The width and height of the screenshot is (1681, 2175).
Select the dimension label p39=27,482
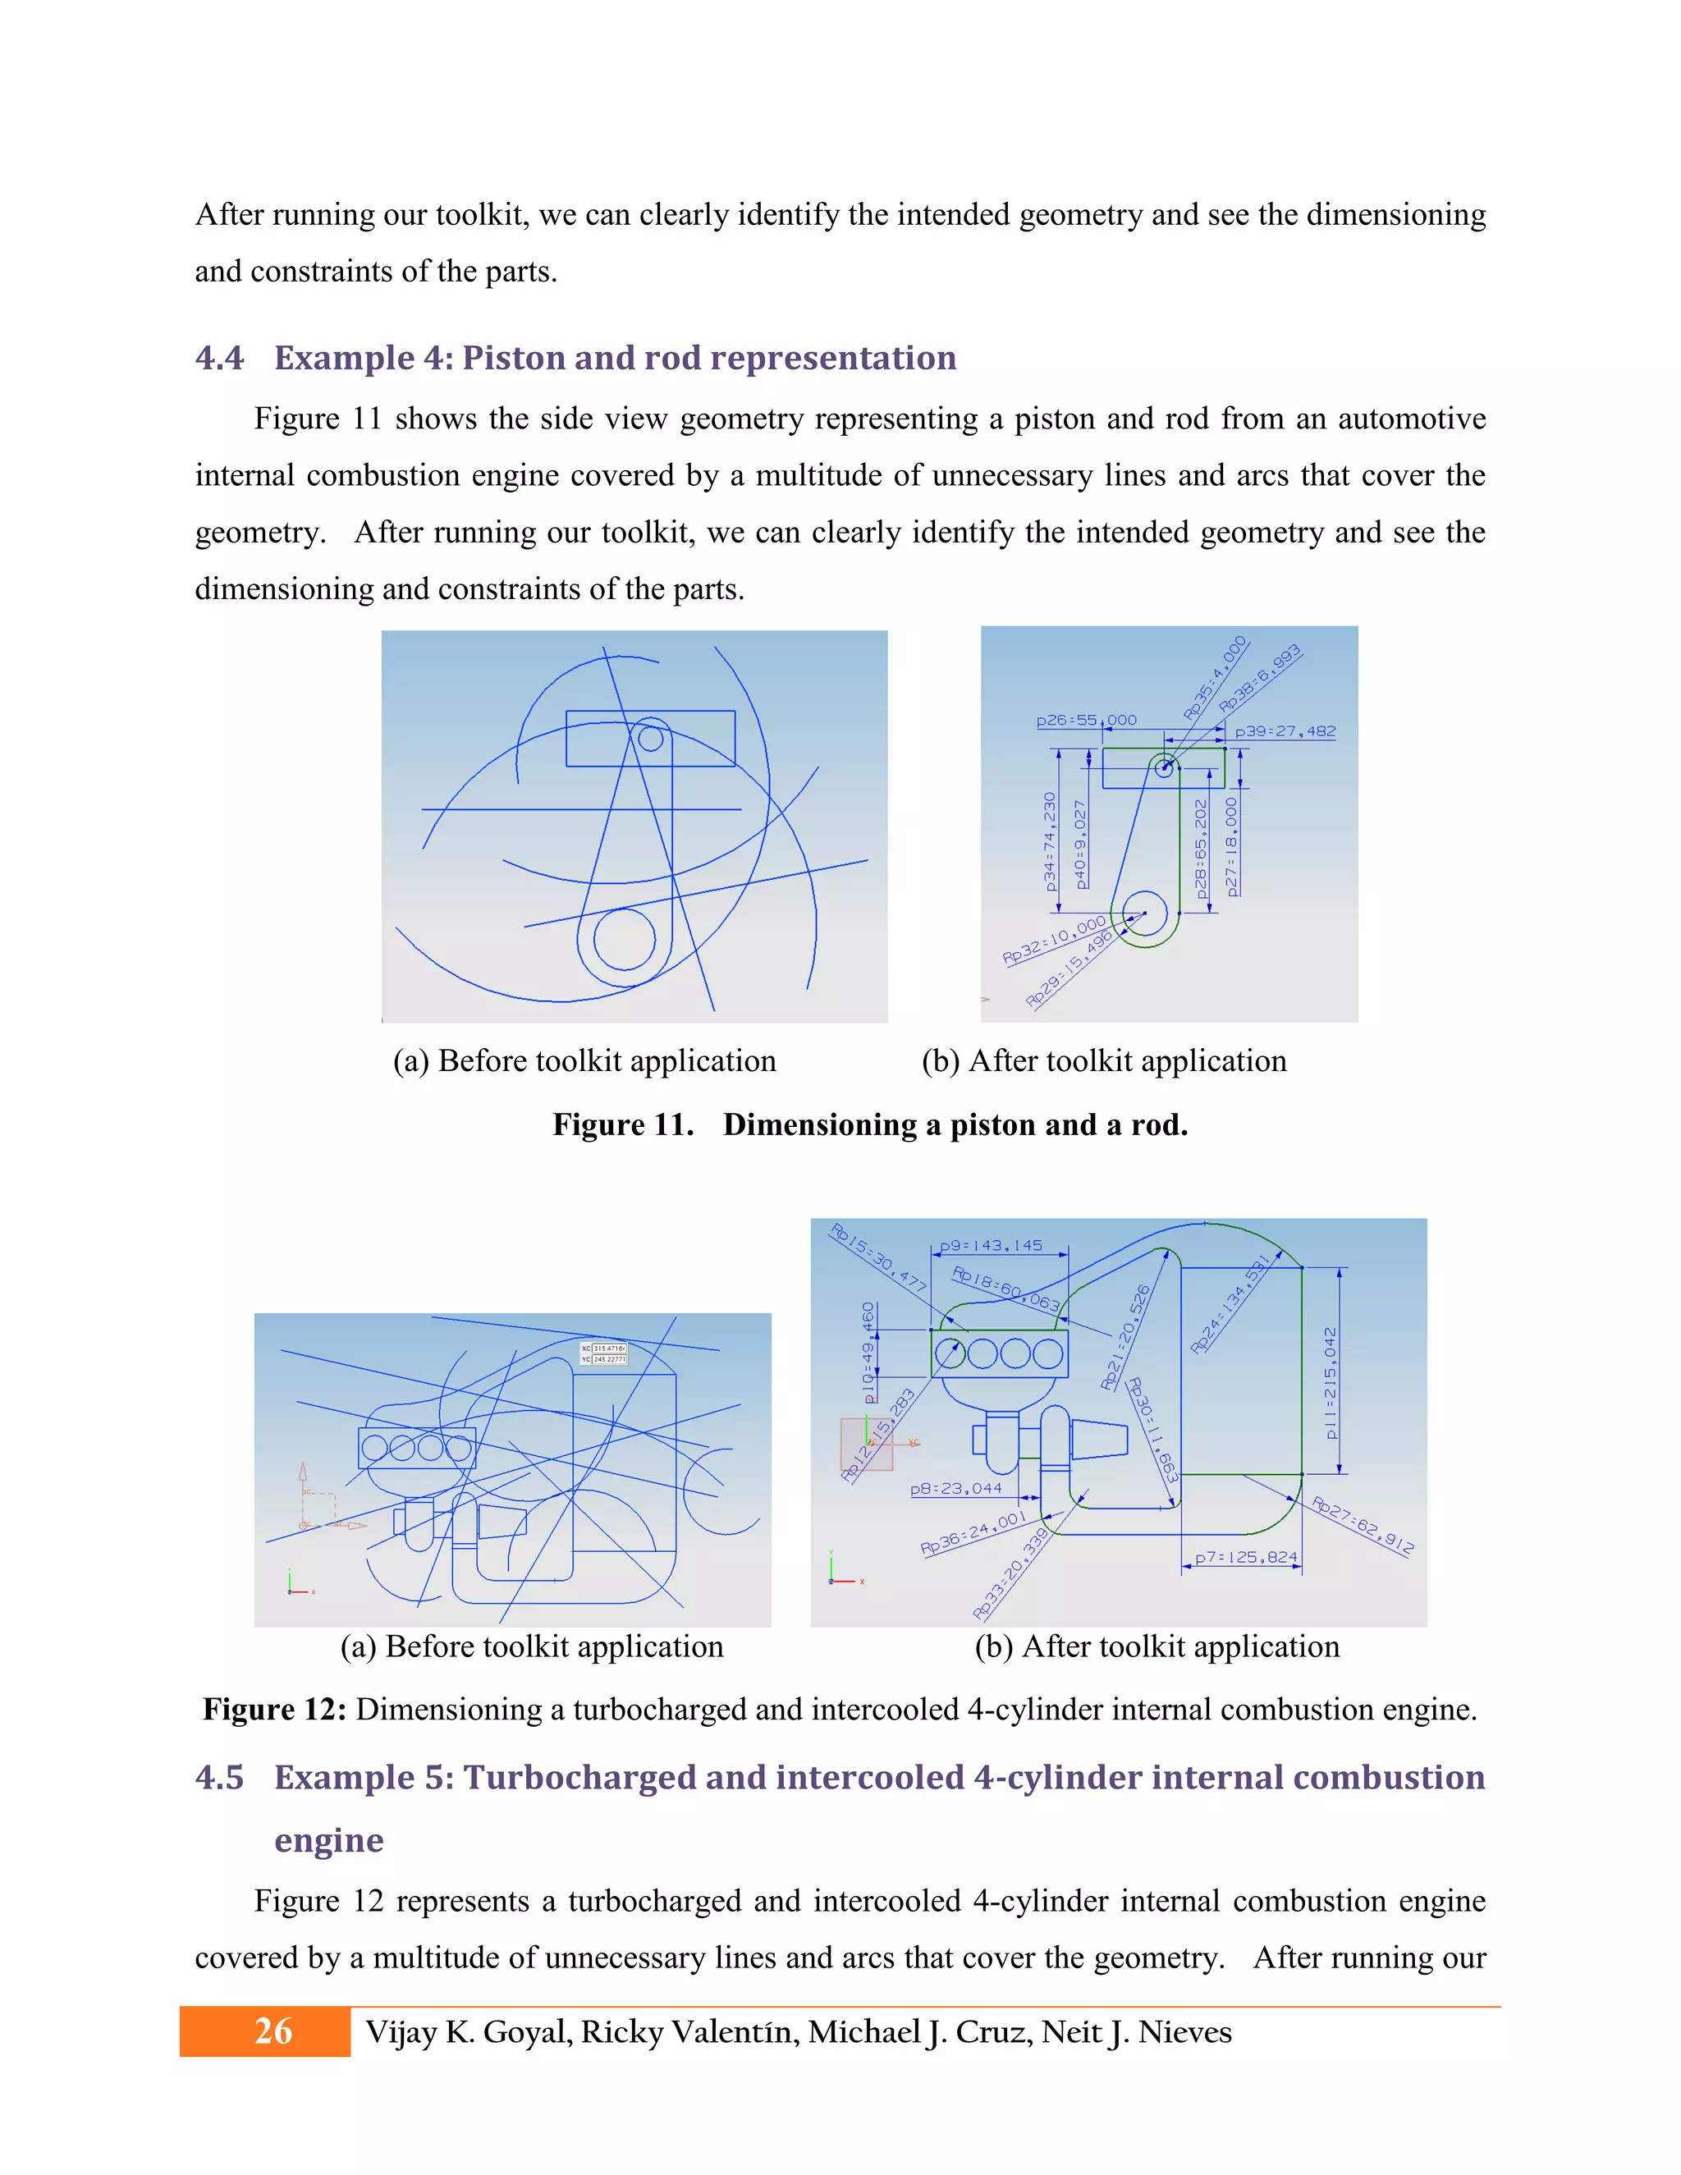(x=1285, y=731)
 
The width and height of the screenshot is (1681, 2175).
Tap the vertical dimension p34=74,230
(x=1049, y=841)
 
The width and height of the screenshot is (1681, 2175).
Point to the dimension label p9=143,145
(x=991, y=1245)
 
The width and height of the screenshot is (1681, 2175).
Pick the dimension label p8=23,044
(x=956, y=1488)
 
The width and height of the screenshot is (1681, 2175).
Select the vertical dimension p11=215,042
(x=1331, y=1382)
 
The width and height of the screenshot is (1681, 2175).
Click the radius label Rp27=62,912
(x=1362, y=1526)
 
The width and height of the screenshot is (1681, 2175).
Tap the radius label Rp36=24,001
(x=972, y=1532)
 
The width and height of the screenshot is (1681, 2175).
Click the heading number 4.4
(x=219, y=358)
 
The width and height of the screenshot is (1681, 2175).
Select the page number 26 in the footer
(x=272, y=2031)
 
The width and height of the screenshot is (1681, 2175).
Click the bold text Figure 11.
(x=622, y=1124)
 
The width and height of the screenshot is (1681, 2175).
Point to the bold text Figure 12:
(x=274, y=1709)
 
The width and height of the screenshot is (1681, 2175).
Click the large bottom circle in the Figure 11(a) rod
(x=625, y=939)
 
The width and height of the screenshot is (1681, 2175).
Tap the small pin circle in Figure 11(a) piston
(x=650, y=738)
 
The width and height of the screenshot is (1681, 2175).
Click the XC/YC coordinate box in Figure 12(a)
(x=603, y=1353)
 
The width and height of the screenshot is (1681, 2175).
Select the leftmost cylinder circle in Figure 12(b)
(x=950, y=1353)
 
